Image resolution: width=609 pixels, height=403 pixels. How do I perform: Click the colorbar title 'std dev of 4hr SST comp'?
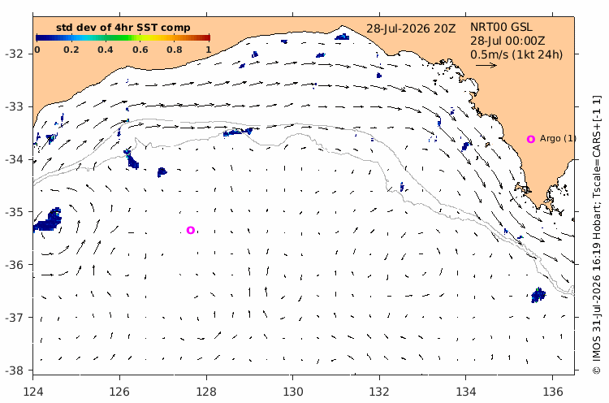click(123, 28)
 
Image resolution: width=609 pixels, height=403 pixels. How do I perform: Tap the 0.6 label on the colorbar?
click(140, 50)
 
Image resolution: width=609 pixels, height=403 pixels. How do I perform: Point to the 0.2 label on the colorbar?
click(71, 50)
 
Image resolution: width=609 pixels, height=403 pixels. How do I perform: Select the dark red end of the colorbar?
click(208, 37)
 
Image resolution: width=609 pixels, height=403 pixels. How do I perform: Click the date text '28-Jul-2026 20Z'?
click(411, 28)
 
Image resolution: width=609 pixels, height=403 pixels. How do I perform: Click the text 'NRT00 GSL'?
click(502, 27)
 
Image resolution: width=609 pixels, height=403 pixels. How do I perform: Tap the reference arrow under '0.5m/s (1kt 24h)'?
click(486, 65)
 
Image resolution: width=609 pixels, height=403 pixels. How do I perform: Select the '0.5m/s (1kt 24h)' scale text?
click(516, 54)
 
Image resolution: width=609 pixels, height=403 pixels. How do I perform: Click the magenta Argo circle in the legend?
click(530, 139)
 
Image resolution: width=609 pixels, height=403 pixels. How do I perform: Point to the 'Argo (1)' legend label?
click(558, 138)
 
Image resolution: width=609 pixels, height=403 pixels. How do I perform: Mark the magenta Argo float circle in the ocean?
click(190, 230)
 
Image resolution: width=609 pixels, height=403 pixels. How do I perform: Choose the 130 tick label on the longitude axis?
click(292, 392)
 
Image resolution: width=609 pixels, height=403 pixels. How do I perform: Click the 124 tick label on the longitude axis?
click(33, 392)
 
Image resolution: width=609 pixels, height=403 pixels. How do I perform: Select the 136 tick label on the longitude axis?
click(552, 392)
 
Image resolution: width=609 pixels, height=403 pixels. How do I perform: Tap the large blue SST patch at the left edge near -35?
click(47, 220)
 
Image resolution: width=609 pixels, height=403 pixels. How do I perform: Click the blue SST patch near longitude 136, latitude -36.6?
click(538, 296)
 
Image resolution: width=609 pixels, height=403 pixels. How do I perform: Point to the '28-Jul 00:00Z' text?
click(508, 41)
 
